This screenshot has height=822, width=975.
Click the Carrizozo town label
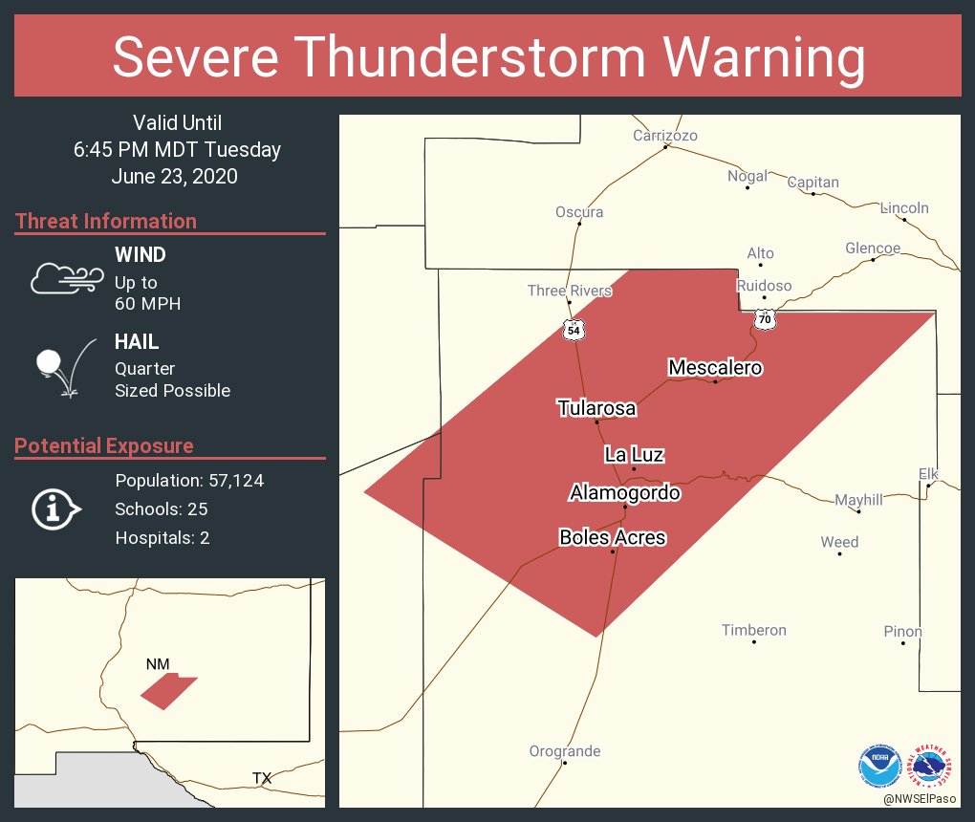[x=665, y=136]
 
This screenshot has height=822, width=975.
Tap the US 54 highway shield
[x=573, y=330]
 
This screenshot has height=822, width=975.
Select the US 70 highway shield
[x=764, y=319]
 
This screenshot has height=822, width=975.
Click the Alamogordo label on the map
[x=624, y=493]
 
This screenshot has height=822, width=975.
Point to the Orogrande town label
[x=565, y=751]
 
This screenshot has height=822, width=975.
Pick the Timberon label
[x=754, y=630]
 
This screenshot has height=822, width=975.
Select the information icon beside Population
[x=55, y=508]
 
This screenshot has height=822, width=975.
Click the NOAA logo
[x=879, y=767]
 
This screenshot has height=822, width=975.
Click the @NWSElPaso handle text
[x=921, y=798]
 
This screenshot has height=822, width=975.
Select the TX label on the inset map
[x=262, y=779]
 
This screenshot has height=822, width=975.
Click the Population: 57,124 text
[x=189, y=481]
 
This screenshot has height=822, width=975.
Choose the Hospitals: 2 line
[x=162, y=538]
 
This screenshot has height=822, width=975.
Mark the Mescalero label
[x=715, y=367]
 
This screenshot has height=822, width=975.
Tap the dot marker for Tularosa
[x=597, y=422]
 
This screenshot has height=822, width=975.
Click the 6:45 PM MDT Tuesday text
[x=177, y=150]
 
